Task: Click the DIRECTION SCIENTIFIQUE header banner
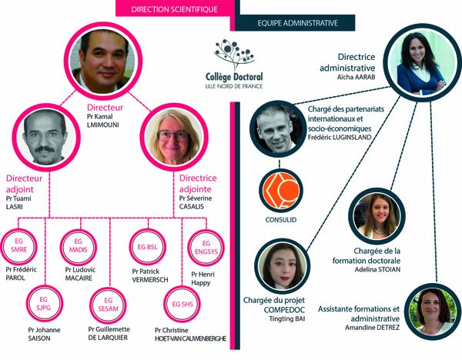pyautogui.click(x=176, y=8)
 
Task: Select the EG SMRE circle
pyautogui.click(x=18, y=246)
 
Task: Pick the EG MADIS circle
pyautogui.click(x=78, y=246)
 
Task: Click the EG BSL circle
pyautogui.click(x=148, y=247)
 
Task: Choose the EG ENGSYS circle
pyautogui.click(x=206, y=248)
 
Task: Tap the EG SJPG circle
pyautogui.click(x=44, y=304)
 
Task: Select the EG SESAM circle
pyautogui.click(x=108, y=305)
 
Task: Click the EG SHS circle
pyautogui.click(x=182, y=304)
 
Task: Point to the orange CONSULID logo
pyautogui.click(x=281, y=191)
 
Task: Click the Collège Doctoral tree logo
pyautogui.click(x=235, y=54)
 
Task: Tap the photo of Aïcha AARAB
pyautogui.click(x=423, y=63)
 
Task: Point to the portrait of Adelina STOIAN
pyautogui.click(x=377, y=216)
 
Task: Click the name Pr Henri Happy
pyautogui.click(x=203, y=278)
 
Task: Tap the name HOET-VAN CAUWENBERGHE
pyautogui.click(x=190, y=338)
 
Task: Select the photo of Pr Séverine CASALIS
pyautogui.click(x=174, y=137)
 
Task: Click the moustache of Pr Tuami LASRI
pyautogui.click(x=45, y=149)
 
